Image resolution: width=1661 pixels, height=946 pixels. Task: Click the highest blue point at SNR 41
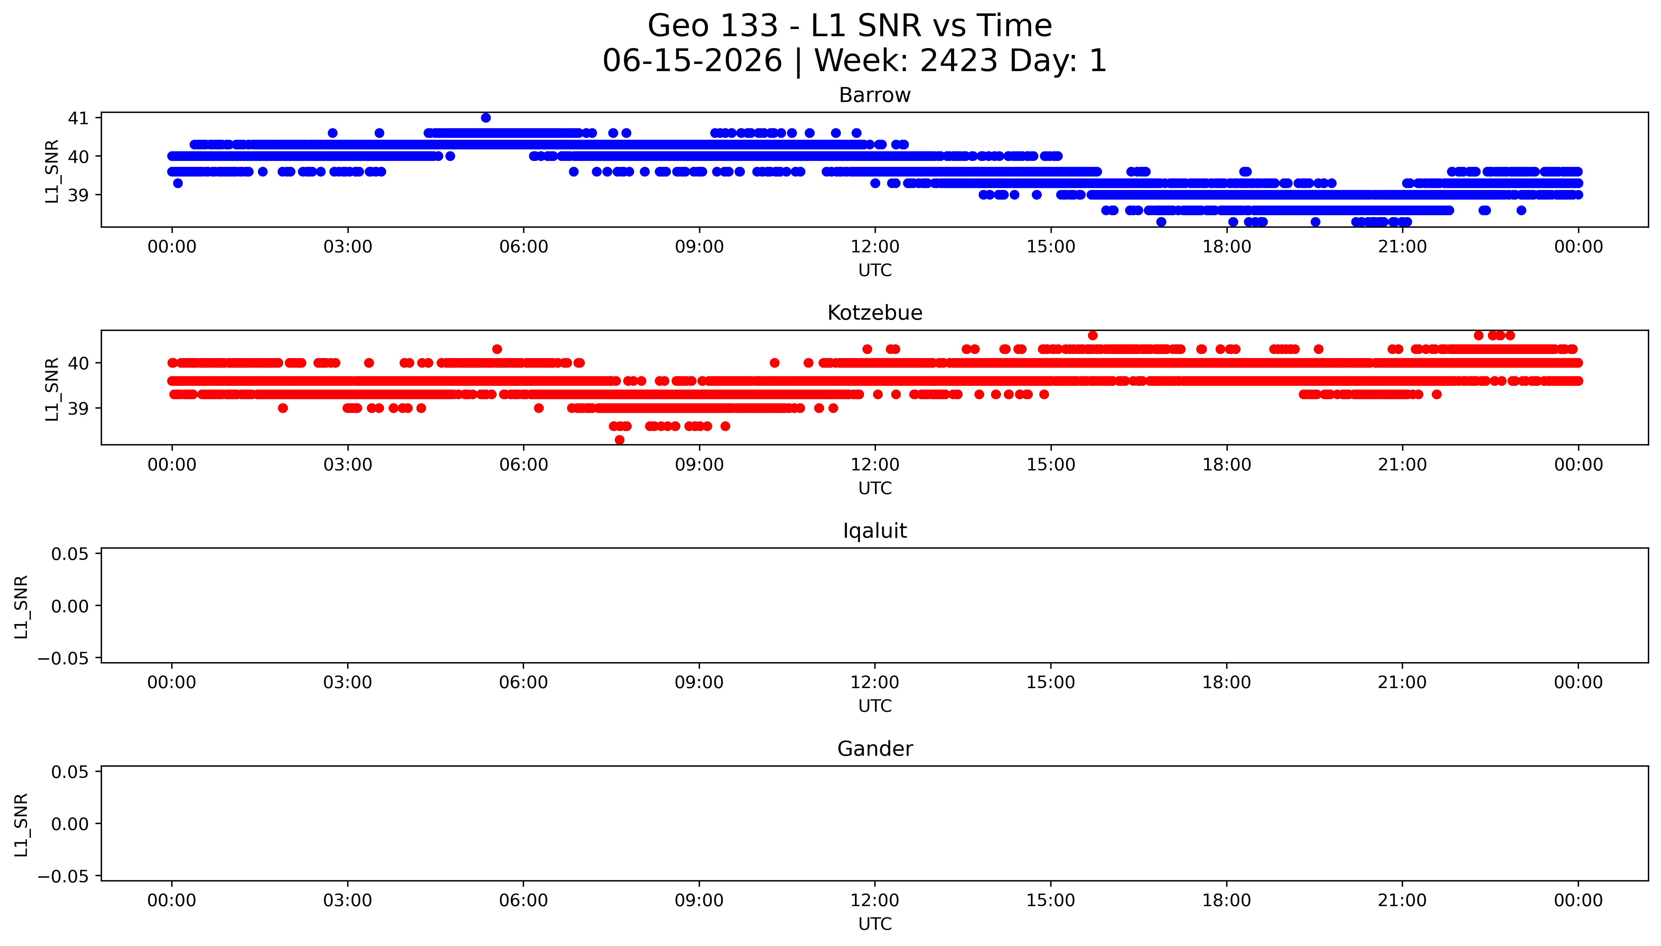click(486, 118)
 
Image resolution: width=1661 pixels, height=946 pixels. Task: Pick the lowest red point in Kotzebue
click(620, 440)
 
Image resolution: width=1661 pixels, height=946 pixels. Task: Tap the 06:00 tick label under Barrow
click(524, 247)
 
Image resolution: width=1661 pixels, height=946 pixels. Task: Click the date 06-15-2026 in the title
click(692, 61)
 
